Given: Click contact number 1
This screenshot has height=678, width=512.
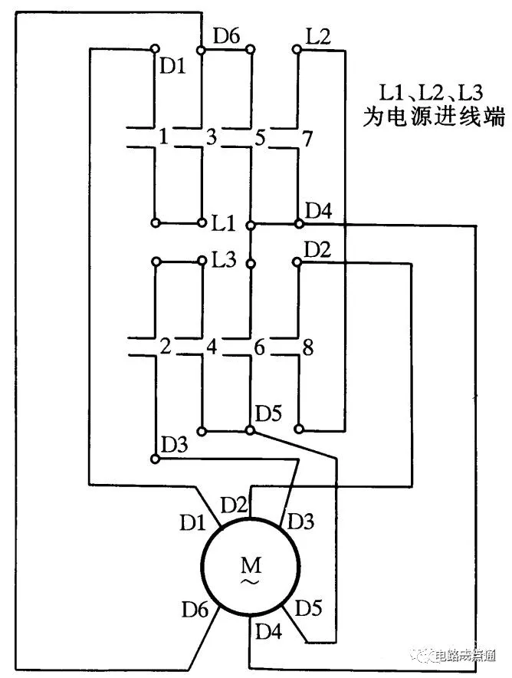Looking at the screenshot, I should point(162,138).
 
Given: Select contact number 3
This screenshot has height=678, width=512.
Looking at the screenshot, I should point(212,138).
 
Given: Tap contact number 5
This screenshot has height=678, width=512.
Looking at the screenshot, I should point(260,139).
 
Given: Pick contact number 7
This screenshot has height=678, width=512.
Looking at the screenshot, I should point(307,139).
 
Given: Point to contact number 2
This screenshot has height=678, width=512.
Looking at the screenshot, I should point(163,347).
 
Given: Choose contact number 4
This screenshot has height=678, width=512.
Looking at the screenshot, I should point(212,347).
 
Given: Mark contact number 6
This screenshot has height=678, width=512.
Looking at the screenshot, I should point(260,347).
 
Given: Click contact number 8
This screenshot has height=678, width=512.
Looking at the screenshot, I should point(307,347).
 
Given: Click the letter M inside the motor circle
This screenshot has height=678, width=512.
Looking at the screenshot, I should point(251,566).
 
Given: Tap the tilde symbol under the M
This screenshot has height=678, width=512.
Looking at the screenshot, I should point(251,583).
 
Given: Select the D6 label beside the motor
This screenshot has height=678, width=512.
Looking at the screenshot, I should point(195,610).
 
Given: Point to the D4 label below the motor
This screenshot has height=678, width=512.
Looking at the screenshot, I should point(267,633).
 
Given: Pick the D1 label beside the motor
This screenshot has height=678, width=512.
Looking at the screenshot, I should point(192,524).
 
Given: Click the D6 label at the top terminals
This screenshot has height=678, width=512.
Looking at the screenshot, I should point(226,35).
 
